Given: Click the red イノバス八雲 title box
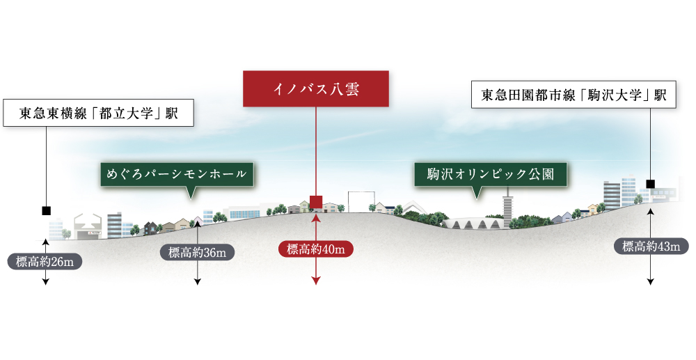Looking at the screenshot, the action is (315, 88).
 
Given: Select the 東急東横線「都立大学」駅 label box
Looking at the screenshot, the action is (99, 113).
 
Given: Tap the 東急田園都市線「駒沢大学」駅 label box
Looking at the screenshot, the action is (574, 94).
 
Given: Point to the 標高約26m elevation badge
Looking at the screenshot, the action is (45, 262).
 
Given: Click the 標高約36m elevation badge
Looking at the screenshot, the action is (197, 253).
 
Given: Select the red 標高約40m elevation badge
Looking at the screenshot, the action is (315, 249).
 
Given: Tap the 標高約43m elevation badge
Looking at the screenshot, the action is (651, 246).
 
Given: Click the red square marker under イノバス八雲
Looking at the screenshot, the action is (315, 202).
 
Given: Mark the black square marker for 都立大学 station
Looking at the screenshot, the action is (46, 211).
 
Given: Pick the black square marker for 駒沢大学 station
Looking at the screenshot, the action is (651, 184).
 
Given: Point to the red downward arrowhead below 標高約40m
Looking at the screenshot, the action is (315, 281).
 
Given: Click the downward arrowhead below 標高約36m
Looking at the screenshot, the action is (198, 281).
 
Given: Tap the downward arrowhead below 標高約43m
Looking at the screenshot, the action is (651, 281).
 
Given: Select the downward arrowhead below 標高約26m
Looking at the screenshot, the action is (46, 281).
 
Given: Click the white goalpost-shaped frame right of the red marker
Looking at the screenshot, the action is (362, 201).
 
